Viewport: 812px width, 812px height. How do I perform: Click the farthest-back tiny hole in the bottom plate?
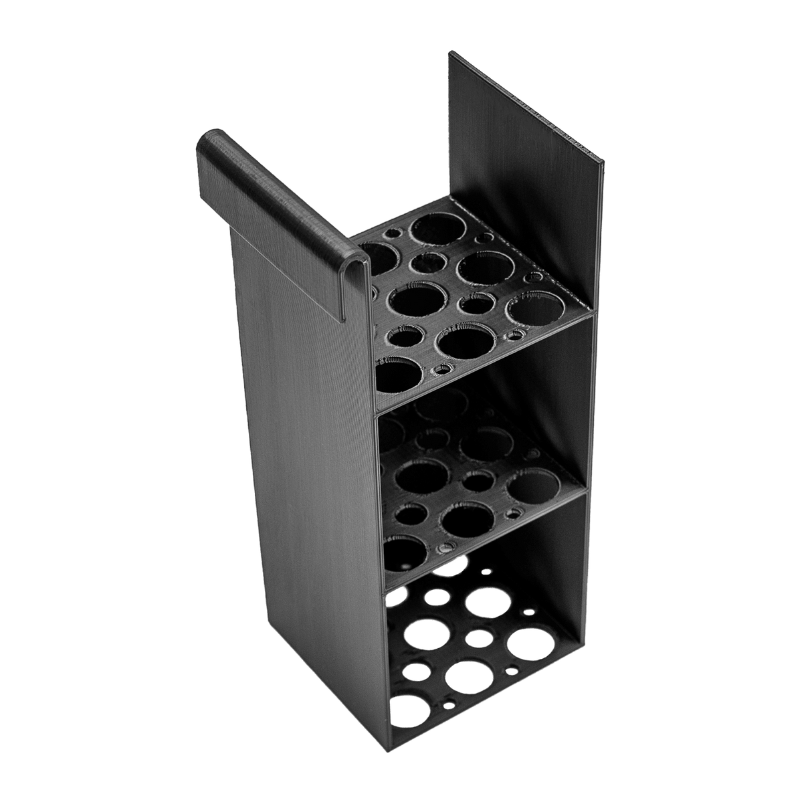point(486,572)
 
